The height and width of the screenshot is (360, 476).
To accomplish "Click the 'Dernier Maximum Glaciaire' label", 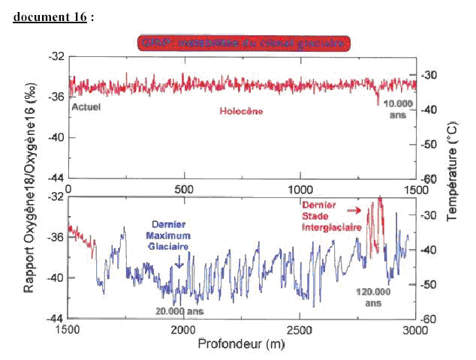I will [166, 235].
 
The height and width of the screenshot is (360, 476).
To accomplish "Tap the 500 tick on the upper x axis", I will [183, 188].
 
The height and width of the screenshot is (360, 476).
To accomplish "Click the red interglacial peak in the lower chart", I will [379, 206].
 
